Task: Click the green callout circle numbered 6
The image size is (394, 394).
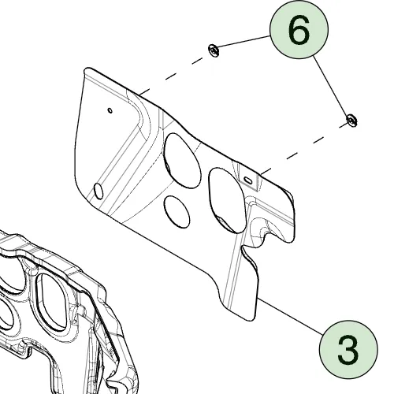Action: [299, 30]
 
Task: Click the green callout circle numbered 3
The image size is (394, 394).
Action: [348, 350]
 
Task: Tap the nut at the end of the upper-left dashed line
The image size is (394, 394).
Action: [214, 50]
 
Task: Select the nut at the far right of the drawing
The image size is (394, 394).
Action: [351, 120]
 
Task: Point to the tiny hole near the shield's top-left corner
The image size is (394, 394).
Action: [110, 110]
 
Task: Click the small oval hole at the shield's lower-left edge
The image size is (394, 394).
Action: [98, 191]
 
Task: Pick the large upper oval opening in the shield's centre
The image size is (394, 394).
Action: [182, 161]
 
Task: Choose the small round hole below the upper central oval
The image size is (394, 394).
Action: [177, 212]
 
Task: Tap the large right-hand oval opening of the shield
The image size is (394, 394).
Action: [228, 201]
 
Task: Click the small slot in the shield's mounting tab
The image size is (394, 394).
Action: [248, 180]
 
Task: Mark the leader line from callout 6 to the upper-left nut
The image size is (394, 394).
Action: [243, 41]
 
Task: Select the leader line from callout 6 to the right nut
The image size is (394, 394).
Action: [331, 86]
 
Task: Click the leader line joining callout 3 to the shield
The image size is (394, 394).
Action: [291, 317]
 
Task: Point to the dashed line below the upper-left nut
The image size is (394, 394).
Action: [171, 76]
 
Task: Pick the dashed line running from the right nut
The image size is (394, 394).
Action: [304, 149]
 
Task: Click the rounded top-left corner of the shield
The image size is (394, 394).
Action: [87, 70]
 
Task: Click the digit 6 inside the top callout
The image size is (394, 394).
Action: [299, 30]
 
